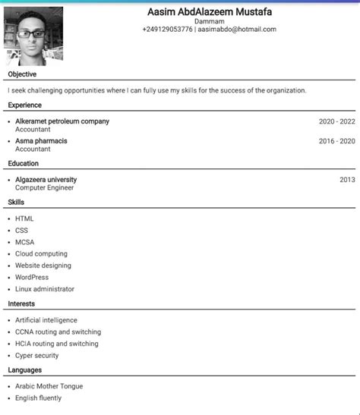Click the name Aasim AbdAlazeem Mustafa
point(209,12)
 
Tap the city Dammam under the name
point(209,21)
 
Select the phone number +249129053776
point(167,30)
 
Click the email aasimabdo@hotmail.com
point(237,30)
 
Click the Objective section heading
point(22,75)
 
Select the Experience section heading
point(25,105)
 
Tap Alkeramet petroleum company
point(62,121)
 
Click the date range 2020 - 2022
point(336,121)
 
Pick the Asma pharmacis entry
point(41,141)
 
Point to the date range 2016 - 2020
point(336,141)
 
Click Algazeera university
point(46,180)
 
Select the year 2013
point(347,180)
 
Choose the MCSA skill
point(24,242)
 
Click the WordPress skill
point(32,277)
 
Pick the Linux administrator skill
point(45,289)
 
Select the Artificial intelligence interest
point(46,320)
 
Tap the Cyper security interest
point(36,355)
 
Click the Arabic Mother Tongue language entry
point(49,386)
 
